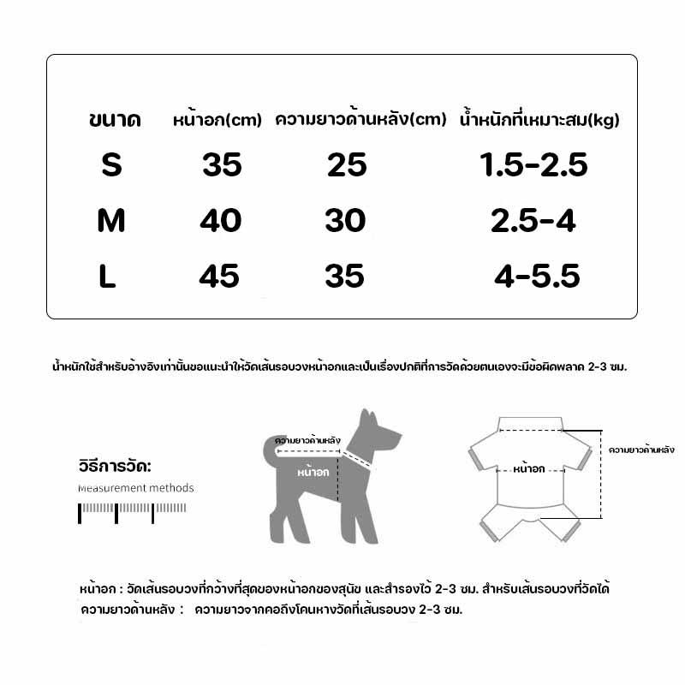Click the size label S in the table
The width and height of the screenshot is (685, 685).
[x=111, y=164]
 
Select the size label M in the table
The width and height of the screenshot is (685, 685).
[x=111, y=221]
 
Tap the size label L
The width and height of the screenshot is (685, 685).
[x=108, y=277]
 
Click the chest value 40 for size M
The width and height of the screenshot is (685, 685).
[x=220, y=221]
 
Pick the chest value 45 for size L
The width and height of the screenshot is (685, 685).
[x=219, y=276]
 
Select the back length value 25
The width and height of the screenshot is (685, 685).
[x=347, y=164]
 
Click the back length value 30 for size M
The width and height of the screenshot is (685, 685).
[x=345, y=221]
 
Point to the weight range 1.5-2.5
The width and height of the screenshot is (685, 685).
[x=534, y=164]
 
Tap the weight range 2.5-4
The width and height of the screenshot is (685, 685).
[x=533, y=221]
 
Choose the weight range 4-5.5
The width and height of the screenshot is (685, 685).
[x=538, y=276]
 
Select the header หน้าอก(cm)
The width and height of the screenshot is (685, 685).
[x=217, y=120]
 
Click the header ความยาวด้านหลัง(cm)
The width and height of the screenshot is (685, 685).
[x=360, y=120]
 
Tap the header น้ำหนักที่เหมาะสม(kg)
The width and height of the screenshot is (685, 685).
[x=539, y=120]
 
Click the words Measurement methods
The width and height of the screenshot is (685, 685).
[x=135, y=488]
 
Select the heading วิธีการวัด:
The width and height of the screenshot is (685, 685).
[x=113, y=468]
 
